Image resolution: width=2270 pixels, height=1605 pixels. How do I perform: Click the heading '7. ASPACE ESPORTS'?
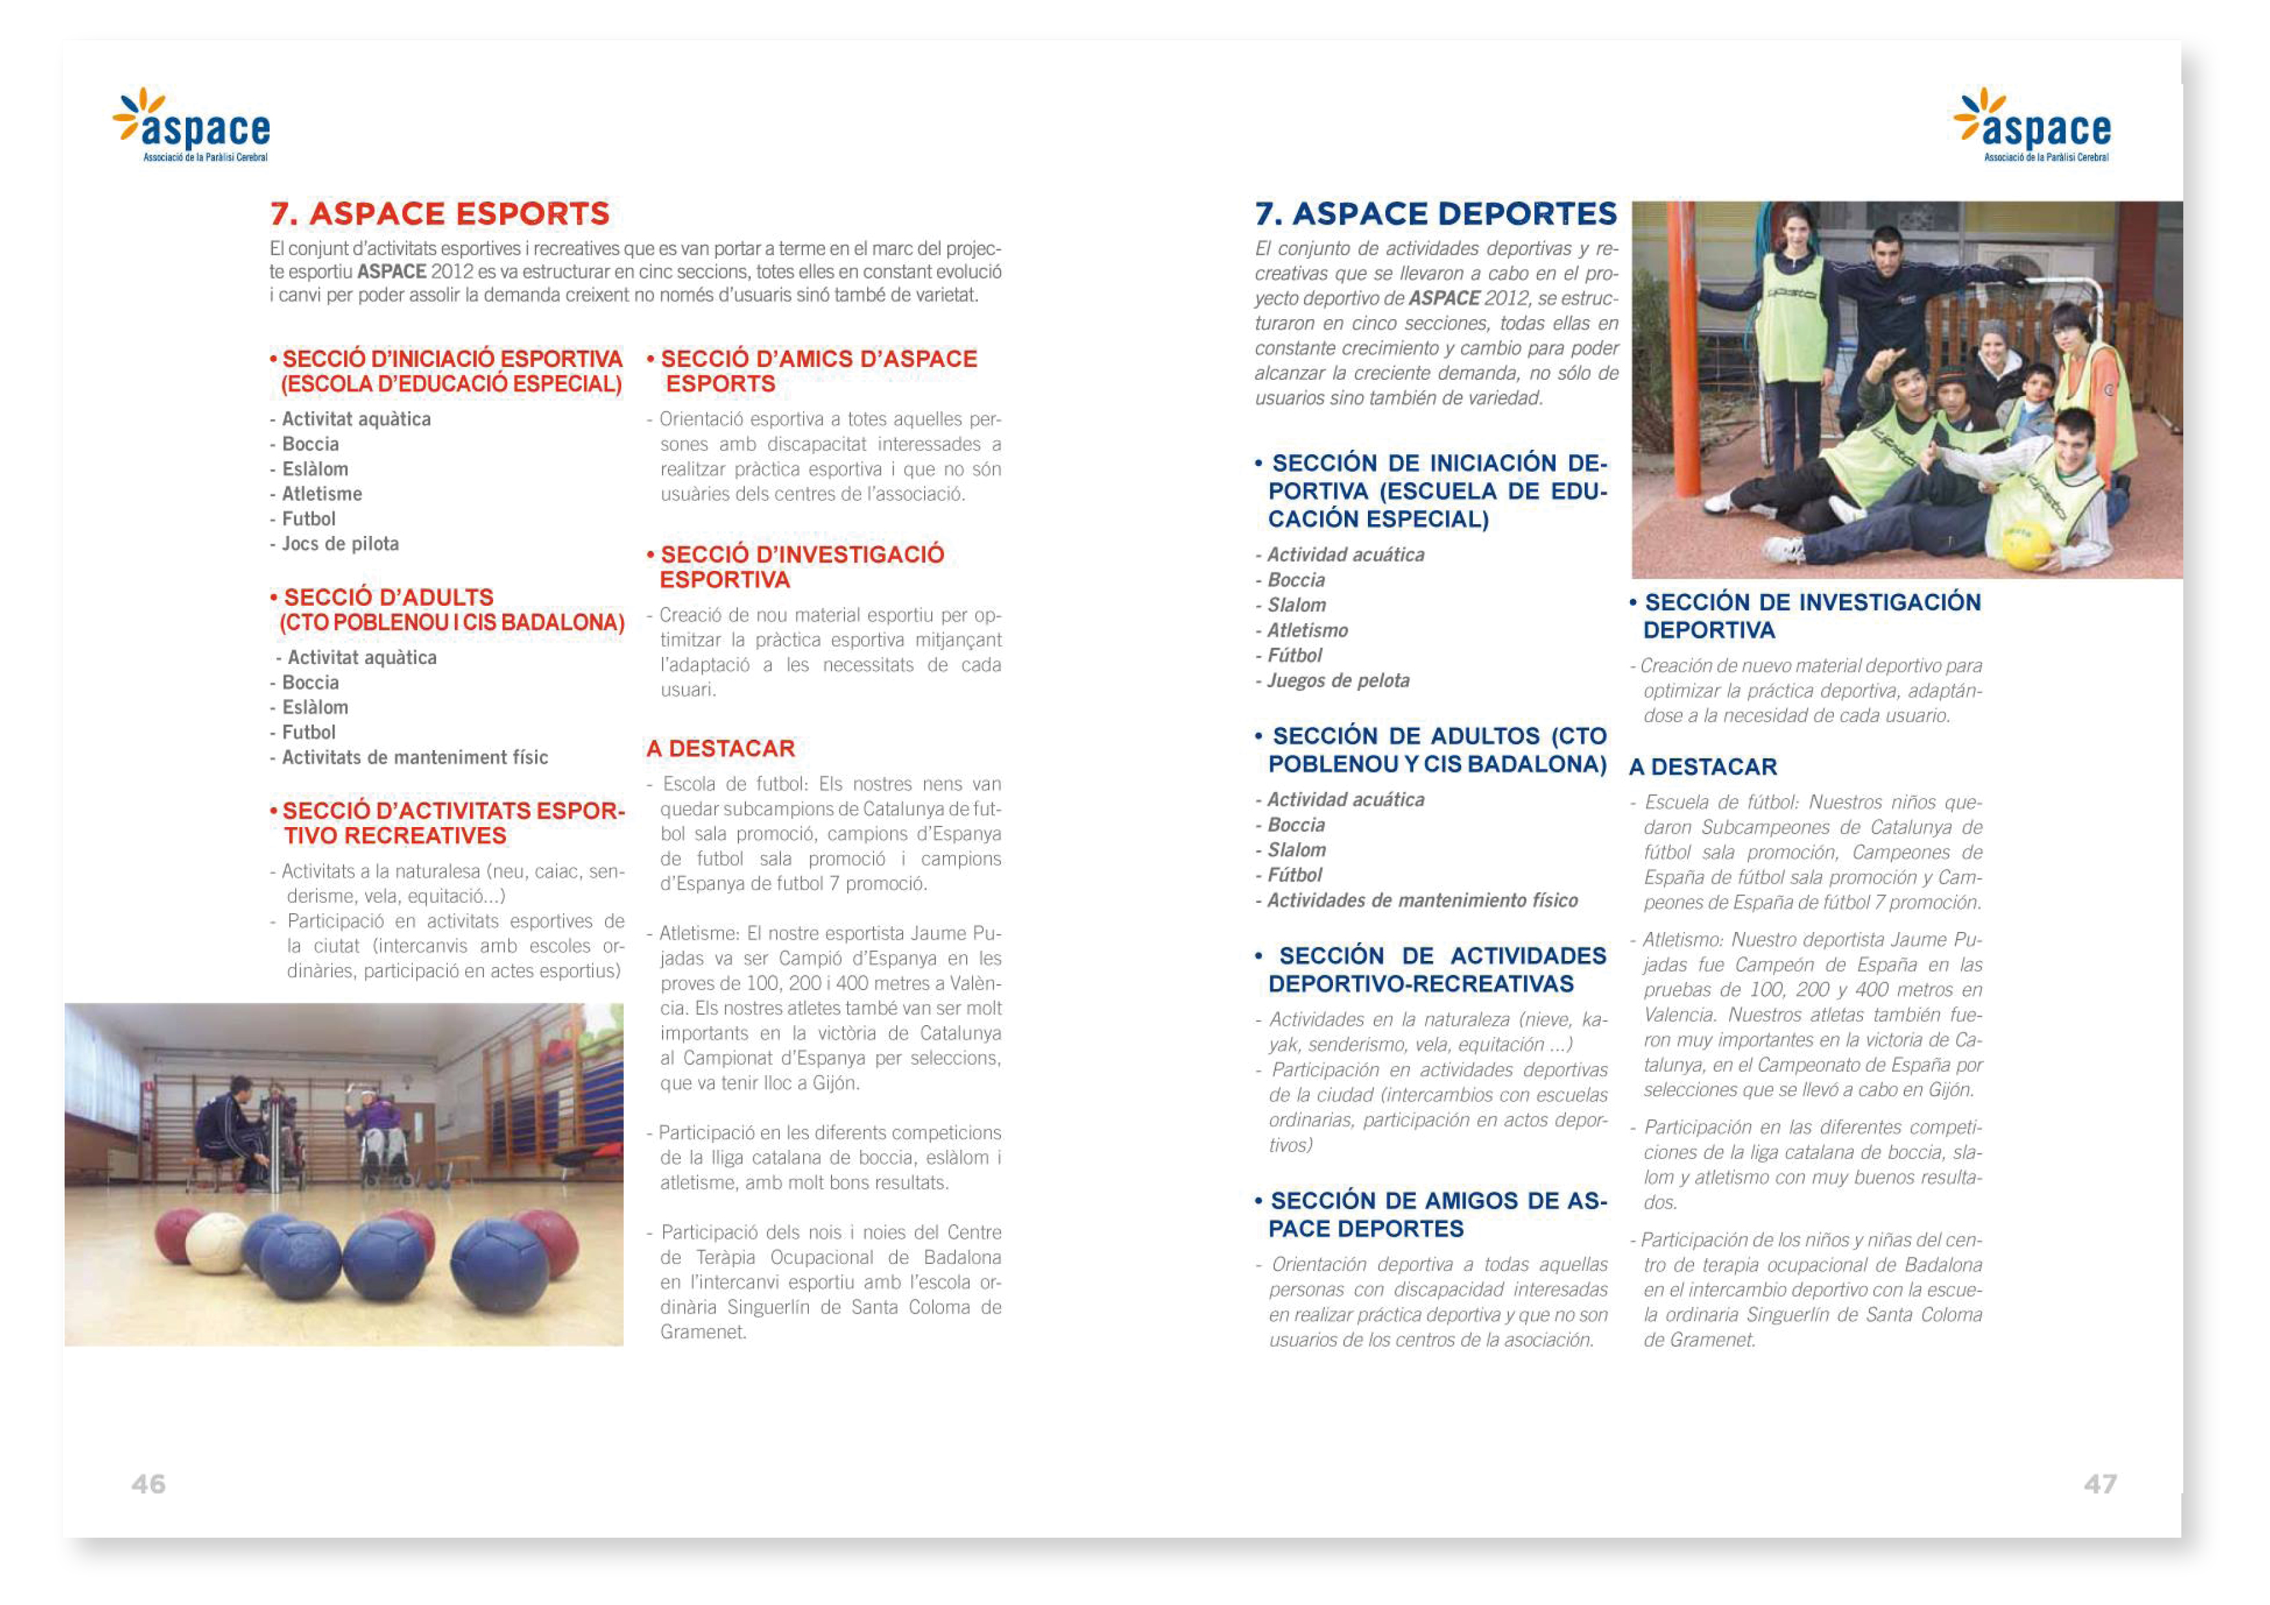(x=440, y=214)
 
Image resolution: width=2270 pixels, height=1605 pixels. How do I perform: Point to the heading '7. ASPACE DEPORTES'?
(x=1435, y=214)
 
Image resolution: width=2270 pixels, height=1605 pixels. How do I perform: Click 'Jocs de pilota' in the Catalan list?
(x=340, y=544)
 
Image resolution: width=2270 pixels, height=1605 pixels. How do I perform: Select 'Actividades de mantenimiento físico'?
(x=1422, y=900)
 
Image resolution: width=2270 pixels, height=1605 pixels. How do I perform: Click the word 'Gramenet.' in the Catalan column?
(x=703, y=1332)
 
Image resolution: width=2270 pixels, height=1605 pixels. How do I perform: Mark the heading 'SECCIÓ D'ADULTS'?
(x=388, y=597)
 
